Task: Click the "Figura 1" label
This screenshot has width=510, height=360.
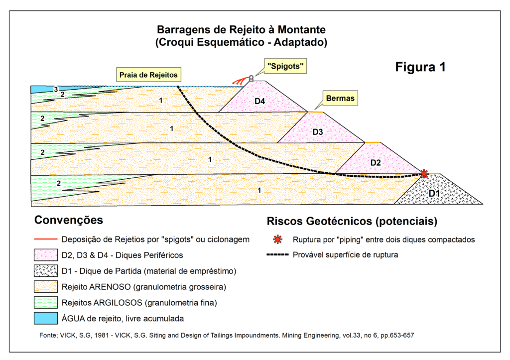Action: pos(420,67)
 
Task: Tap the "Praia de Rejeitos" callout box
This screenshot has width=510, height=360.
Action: pos(148,75)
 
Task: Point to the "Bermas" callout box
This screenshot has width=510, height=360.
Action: pos(341,99)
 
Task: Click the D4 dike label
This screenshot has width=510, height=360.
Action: pos(259,102)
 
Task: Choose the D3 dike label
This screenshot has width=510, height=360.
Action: pos(318,132)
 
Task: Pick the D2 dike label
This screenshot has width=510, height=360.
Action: pos(376,162)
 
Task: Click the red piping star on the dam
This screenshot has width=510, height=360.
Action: pos(423,173)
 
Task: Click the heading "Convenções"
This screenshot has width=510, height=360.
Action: pos(69,220)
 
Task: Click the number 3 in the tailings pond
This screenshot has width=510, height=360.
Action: pos(56,90)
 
